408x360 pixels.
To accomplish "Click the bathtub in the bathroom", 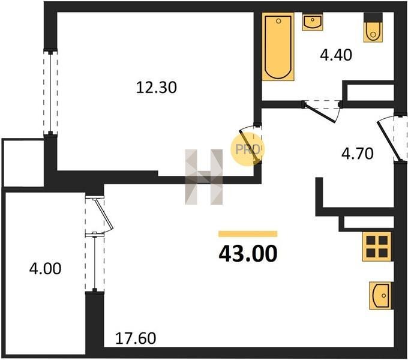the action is coord(278,47).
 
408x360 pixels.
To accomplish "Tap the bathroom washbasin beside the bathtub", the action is coord(313,22).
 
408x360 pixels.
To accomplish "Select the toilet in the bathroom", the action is coord(373,28).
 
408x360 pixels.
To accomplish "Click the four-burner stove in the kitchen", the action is coord(377,247).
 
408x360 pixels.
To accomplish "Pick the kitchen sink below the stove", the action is coord(381,295).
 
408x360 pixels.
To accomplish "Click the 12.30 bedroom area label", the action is coord(157,88).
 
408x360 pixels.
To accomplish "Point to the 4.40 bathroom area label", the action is coord(336,55).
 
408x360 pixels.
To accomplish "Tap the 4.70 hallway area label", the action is coord(358,154).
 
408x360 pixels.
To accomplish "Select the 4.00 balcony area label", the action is coord(45,268).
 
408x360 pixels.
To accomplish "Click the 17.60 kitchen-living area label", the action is coord(136,338).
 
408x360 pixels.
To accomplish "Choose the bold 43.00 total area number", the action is coord(248,254).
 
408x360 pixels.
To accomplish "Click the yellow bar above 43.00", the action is coord(248,234).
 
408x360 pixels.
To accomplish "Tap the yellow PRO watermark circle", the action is coord(247,149).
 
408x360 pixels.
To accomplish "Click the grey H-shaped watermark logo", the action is coord(204,177).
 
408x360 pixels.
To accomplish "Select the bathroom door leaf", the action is coord(319,113).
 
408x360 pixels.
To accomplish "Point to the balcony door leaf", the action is coord(104,212).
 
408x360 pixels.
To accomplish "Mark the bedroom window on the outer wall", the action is coord(50,92).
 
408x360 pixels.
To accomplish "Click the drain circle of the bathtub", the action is coord(278,21).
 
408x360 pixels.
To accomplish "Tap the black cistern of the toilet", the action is coord(373,17).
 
